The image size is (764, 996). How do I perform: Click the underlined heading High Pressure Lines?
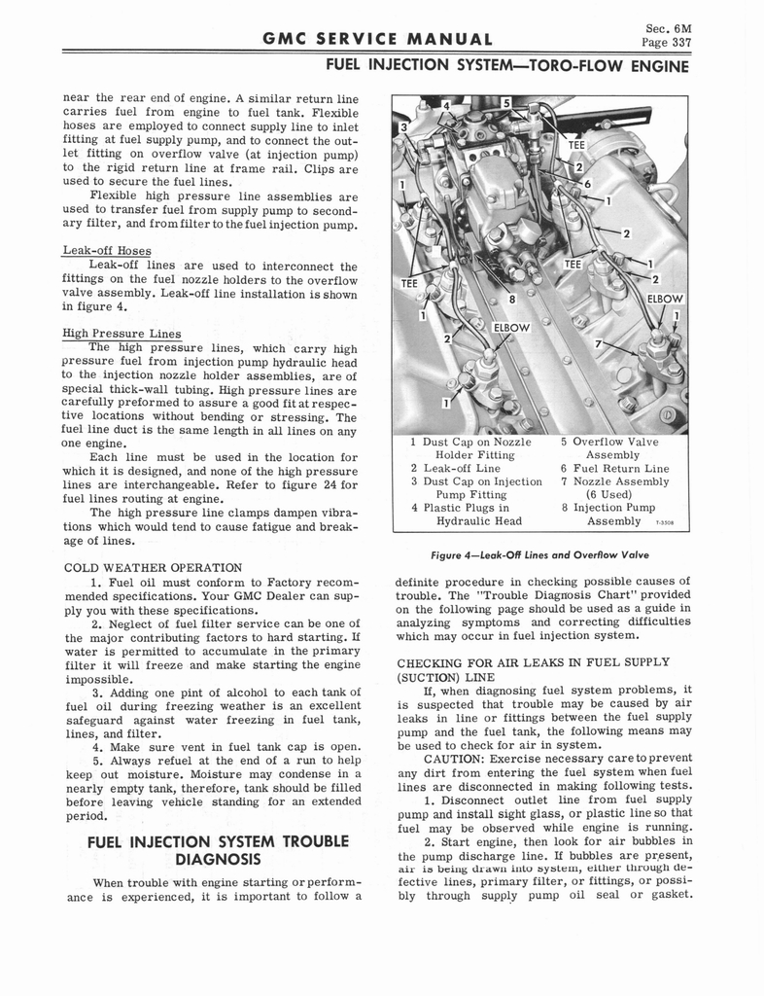point(122,334)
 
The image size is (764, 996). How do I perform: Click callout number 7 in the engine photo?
point(600,344)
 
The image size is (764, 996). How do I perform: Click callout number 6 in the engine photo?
point(587,184)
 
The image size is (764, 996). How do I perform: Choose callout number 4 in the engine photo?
point(446,105)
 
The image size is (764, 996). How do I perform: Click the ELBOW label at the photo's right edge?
point(664,299)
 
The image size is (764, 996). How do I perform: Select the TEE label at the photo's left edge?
point(409,283)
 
